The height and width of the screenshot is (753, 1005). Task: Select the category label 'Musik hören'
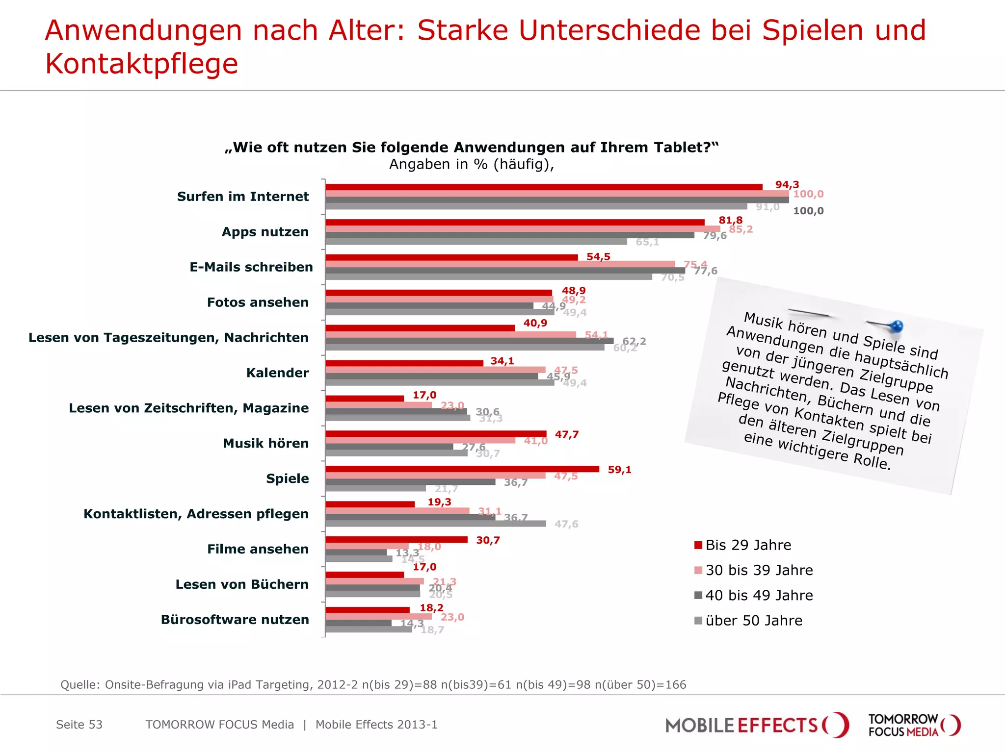click(x=265, y=443)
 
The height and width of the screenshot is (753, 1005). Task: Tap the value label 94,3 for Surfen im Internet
click(x=787, y=185)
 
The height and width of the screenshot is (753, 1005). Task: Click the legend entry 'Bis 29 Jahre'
click(x=748, y=545)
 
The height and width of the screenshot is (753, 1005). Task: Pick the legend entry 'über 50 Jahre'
click(x=753, y=621)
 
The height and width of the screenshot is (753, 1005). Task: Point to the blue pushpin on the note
click(x=896, y=326)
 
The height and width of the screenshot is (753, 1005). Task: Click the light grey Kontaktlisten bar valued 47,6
click(x=435, y=524)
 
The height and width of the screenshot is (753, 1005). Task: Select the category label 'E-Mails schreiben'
click(x=251, y=267)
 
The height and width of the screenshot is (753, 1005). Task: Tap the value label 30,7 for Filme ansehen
click(x=488, y=540)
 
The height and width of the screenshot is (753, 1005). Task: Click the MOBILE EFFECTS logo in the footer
click(x=756, y=725)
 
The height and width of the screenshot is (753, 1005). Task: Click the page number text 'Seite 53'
click(x=79, y=725)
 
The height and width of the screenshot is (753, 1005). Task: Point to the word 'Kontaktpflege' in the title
click(x=141, y=64)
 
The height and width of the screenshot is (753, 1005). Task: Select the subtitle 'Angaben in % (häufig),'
click(x=471, y=164)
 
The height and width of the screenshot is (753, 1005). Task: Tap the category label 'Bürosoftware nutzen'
click(x=235, y=620)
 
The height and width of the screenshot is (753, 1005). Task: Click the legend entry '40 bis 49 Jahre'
click(x=759, y=596)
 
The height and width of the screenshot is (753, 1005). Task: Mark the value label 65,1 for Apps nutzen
click(x=647, y=242)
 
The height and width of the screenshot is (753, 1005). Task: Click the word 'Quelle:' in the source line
click(x=80, y=685)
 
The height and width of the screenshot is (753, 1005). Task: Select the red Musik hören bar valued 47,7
click(x=435, y=434)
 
